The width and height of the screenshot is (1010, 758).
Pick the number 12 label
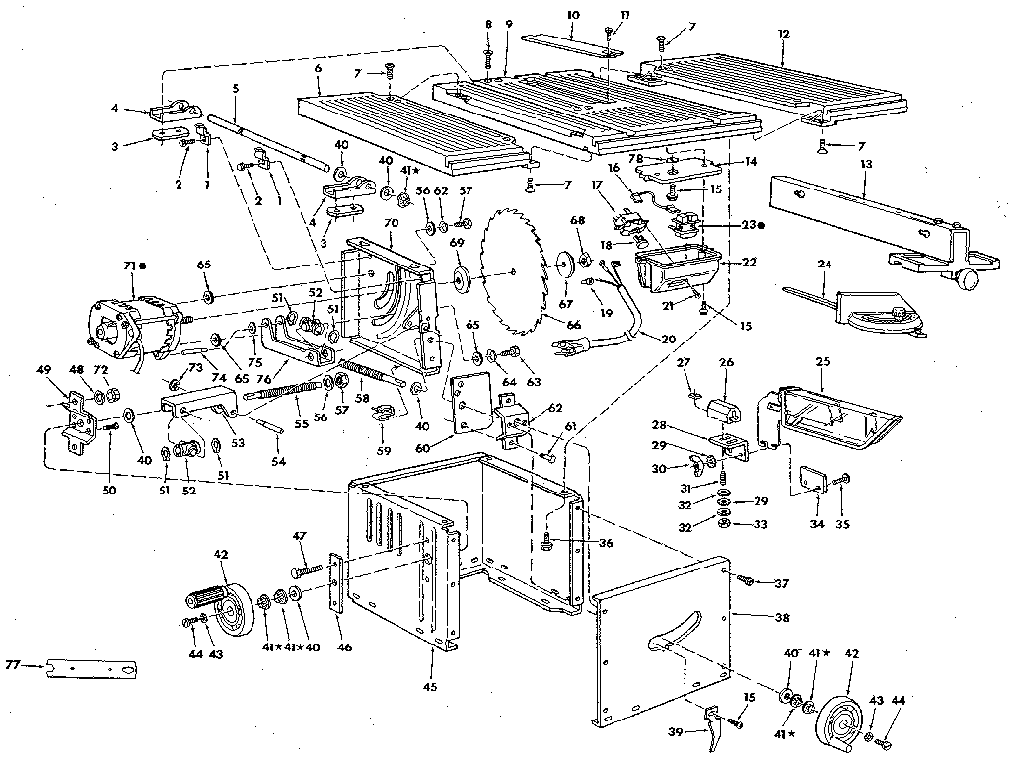pyautogui.click(x=784, y=34)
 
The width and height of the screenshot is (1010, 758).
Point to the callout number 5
pyautogui.click(x=236, y=88)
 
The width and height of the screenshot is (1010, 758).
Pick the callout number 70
pyautogui.click(x=391, y=224)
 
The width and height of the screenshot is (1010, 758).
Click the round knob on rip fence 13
pyautogui.click(x=971, y=282)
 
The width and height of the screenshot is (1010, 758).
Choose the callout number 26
pyautogui.click(x=727, y=362)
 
